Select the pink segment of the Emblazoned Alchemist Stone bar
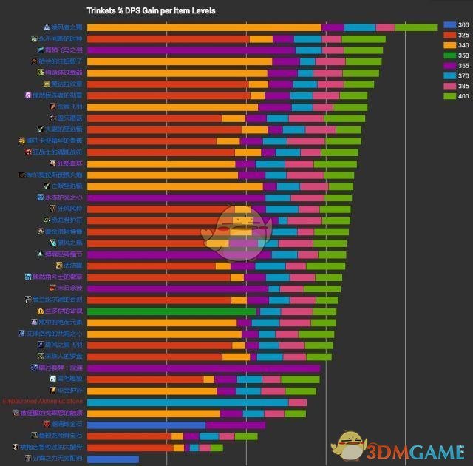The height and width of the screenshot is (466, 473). pyautogui.click(x=297, y=402)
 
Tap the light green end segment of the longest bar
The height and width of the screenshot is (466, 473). pyautogui.click(x=415, y=27)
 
